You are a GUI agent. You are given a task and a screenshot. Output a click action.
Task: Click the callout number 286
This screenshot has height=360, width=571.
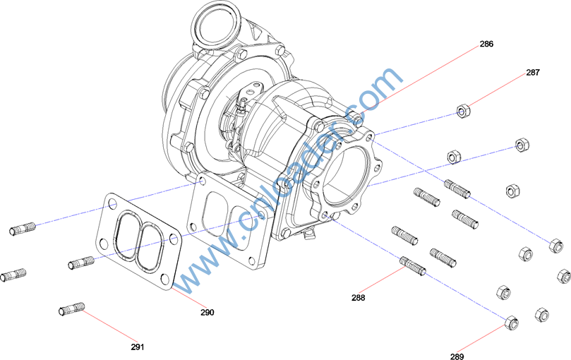click(486, 44)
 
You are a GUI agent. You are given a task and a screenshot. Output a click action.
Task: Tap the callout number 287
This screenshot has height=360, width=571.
click(533, 73)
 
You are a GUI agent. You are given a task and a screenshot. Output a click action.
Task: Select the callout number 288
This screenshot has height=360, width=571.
click(359, 298)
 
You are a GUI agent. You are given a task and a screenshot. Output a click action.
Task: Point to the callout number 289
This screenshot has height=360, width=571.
click(457, 356)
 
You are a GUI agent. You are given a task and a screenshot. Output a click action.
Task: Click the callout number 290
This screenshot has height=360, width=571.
click(208, 312)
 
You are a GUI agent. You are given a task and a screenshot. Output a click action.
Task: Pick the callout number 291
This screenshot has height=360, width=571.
click(138, 347)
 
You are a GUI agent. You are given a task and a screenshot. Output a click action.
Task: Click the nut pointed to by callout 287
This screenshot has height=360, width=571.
click(463, 111)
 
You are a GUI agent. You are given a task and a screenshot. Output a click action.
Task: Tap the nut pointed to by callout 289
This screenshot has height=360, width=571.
click(512, 323)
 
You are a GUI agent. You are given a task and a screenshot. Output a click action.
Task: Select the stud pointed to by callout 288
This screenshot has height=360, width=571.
click(413, 266)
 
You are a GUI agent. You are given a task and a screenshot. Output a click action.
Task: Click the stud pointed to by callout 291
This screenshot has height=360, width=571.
click(72, 309)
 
